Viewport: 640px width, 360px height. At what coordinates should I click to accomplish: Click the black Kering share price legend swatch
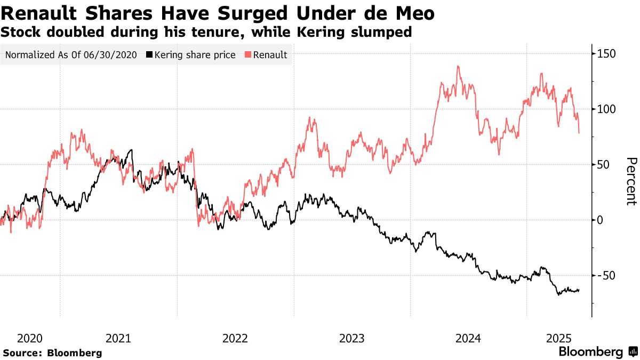(149, 55)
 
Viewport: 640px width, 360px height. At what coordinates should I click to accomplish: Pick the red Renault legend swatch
(248, 55)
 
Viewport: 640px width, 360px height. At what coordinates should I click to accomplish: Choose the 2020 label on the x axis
(30, 338)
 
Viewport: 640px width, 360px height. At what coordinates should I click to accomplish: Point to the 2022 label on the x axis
(235, 338)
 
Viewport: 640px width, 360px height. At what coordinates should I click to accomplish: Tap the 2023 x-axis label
(352, 338)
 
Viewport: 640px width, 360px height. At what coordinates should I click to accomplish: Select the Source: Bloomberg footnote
(52, 353)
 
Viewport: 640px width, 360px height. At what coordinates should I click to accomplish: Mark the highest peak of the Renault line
(458, 67)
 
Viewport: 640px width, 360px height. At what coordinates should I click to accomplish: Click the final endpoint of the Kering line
(579, 290)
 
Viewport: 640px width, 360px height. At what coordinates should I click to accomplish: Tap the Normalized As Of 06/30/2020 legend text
(71, 55)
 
